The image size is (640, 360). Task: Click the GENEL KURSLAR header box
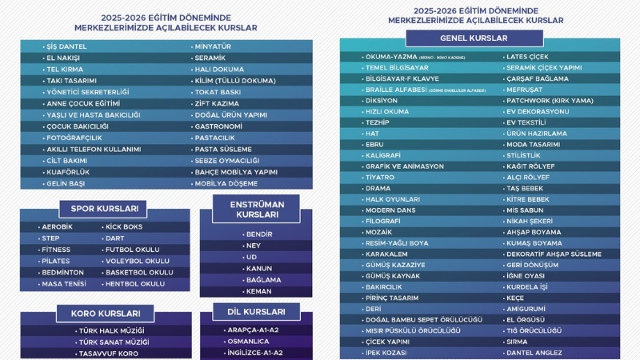point(474,38)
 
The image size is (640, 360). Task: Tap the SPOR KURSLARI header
point(104,209)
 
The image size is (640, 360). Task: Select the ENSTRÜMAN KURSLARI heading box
point(255,209)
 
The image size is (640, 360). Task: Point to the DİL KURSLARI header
point(255,311)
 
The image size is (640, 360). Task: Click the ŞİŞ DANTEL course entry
point(67,46)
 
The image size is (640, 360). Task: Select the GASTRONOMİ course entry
point(218,126)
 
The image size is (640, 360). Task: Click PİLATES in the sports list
point(56,261)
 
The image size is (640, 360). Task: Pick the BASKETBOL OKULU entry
point(138,272)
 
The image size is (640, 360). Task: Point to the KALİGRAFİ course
point(382,154)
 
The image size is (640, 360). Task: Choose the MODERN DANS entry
point(390,210)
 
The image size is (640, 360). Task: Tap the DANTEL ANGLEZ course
point(535,353)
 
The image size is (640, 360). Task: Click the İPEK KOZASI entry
point(386,353)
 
